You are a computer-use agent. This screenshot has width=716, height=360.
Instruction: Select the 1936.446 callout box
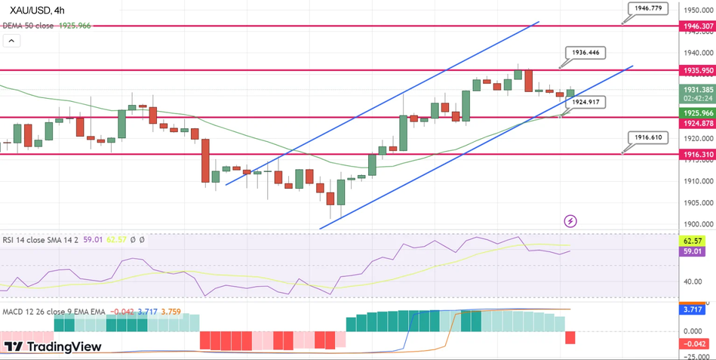(585, 52)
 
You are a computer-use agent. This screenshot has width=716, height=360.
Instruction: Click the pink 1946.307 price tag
(696, 26)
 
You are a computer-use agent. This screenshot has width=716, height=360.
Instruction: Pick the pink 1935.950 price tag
(696, 70)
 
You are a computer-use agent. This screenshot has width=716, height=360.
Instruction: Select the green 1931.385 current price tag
(696, 89)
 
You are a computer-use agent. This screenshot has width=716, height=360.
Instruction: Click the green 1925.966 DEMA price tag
(696, 113)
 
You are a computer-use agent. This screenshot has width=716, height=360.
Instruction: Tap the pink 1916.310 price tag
(696, 154)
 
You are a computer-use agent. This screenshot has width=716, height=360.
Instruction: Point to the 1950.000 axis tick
(698, 10)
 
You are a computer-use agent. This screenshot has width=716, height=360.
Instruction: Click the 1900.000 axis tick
(698, 224)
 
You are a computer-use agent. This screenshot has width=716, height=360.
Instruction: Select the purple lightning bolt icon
(570, 221)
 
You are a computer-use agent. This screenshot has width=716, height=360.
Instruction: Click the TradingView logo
(53, 346)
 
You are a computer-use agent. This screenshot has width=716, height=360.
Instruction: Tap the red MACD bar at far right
(570, 338)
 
